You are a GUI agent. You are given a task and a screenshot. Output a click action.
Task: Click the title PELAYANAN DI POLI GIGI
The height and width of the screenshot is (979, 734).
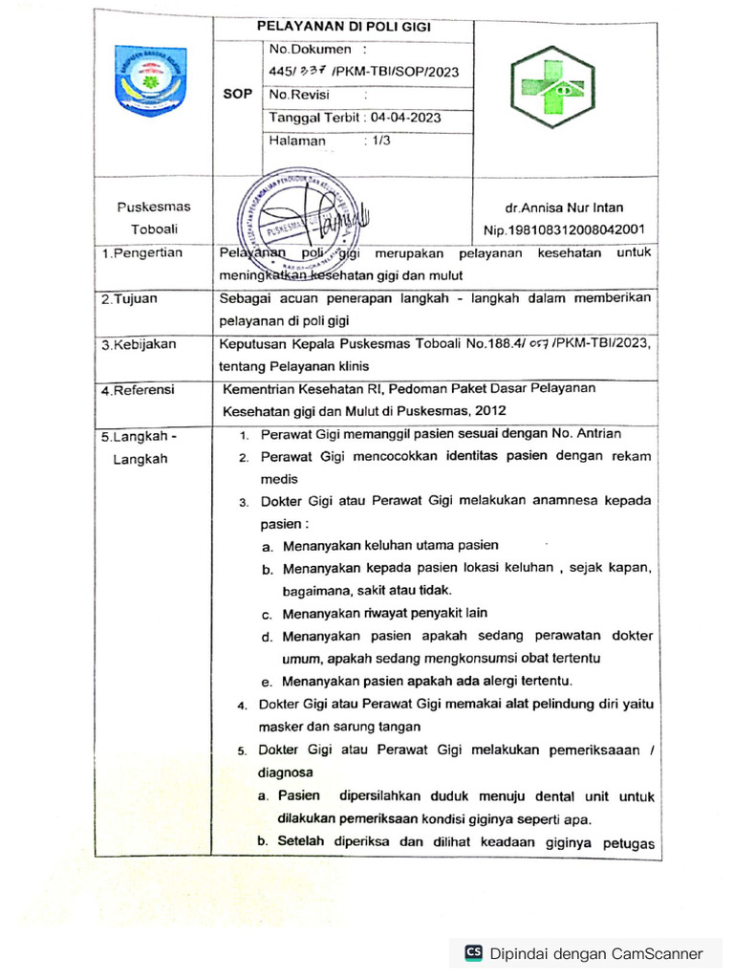(344, 27)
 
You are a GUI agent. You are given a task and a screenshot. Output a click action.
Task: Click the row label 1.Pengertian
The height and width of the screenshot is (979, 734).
(141, 253)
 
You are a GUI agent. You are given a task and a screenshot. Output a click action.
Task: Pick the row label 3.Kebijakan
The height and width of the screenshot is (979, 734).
(138, 344)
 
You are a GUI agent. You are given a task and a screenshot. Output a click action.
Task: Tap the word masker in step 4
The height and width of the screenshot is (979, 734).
(279, 727)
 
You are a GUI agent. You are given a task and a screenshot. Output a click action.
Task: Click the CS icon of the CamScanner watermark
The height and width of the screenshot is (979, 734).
(473, 952)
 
